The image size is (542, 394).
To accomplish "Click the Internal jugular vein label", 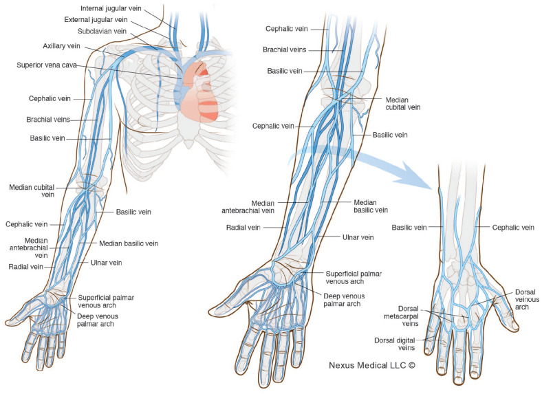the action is point(111,8).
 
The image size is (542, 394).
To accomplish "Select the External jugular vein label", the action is point(96,20).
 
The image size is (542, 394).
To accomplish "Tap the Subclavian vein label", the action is point(102,31).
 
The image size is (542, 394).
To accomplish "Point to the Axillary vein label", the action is point(61,46).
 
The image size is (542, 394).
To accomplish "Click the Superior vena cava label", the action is point(47,65).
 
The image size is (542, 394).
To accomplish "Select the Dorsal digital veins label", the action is point(395,344).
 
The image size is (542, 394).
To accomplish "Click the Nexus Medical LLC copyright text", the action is point(372,365).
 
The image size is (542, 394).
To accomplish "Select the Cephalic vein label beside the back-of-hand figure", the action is point(513,228).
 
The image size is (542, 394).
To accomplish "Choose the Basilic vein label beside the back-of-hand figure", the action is point(409,228).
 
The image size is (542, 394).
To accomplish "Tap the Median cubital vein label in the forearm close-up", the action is point(402,104).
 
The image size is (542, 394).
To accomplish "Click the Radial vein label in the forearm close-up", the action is point(243,228).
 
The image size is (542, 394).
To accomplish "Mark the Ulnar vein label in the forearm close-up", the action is point(358,237).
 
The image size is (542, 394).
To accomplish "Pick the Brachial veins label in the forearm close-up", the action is point(285,50).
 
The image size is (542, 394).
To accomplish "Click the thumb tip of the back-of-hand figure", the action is point(515,327).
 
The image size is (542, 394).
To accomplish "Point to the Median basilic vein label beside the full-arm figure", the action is point(129,243).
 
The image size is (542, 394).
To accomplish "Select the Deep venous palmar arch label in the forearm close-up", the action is point(344,300).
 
